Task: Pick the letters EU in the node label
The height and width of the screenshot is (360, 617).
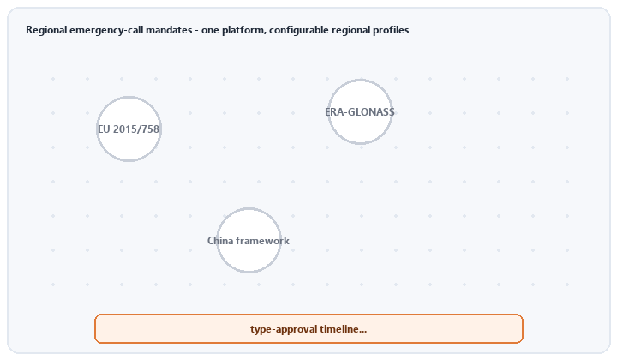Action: tap(104, 129)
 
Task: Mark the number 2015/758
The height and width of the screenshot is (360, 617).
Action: tap(136, 129)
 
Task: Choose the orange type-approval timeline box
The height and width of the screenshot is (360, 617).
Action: tap(308, 328)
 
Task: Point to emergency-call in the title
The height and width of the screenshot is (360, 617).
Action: tap(106, 31)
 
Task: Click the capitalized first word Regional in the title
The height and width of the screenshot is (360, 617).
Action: tap(46, 30)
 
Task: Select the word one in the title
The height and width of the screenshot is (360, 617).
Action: tap(211, 31)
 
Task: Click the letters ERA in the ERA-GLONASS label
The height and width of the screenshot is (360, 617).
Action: tap(332, 112)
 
